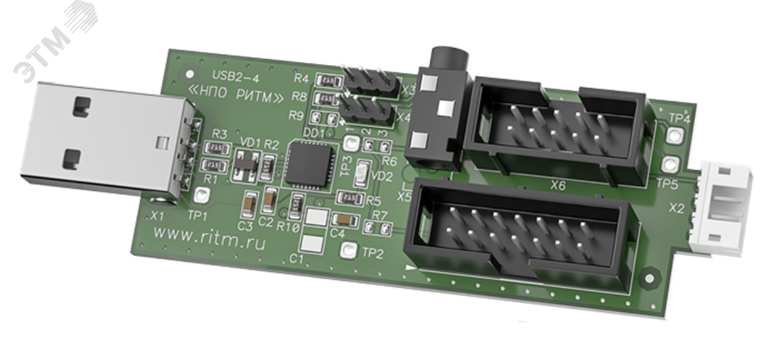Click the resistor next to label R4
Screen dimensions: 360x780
pos(327,81)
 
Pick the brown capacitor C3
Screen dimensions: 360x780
pos(250,202)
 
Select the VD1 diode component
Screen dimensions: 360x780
pos(243,164)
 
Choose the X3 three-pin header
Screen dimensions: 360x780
pos(369,82)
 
